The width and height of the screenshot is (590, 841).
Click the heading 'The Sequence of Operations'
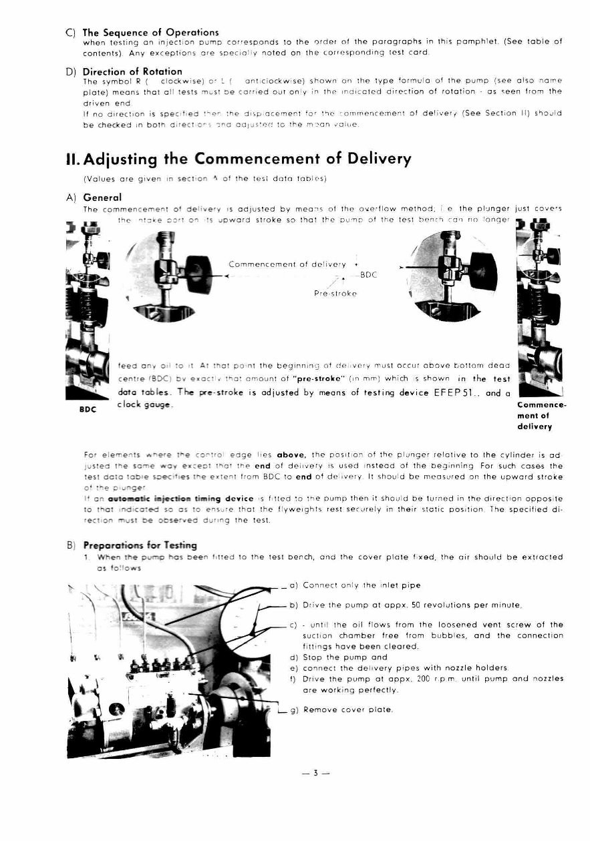pyautogui.click(x=150, y=32)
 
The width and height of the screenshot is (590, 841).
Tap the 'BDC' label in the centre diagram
pyautogui.click(x=369, y=274)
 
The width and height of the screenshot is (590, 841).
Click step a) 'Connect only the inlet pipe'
pyautogui.click(x=361, y=585)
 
